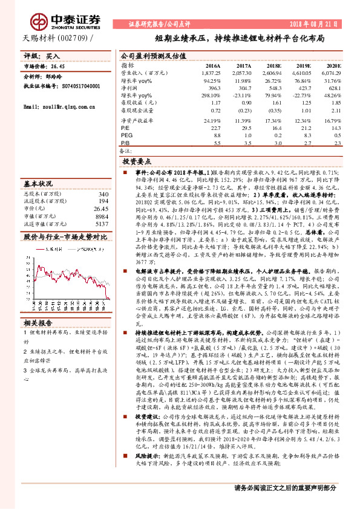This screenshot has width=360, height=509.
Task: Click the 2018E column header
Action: coord(274,65)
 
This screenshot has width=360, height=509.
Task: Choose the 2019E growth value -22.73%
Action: coord(301,96)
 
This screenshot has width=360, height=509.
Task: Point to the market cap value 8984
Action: coord(102,216)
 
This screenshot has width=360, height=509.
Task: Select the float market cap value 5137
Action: coord(102,223)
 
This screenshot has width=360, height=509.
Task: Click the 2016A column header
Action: coord(212,65)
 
